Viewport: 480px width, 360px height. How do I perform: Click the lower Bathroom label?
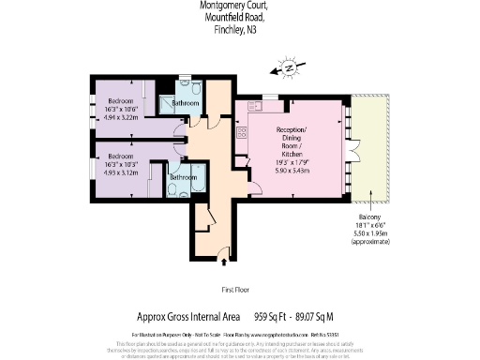pyautogui.click(x=183, y=176)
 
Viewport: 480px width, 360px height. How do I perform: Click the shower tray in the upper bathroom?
pyautogui.click(x=167, y=104)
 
